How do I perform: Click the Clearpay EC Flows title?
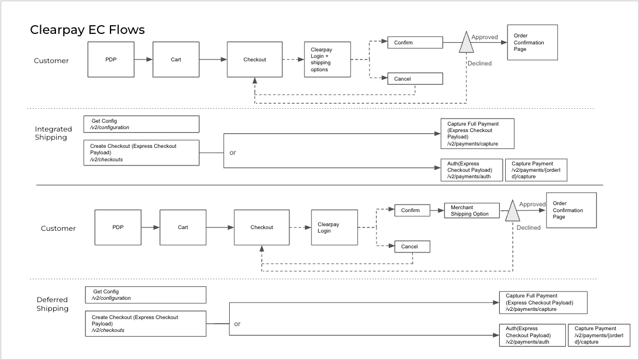[87, 30]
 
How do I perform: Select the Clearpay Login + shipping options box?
[327, 60]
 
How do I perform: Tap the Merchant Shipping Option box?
[472, 211]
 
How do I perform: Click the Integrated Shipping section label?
[53, 133]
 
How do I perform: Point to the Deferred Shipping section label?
[53, 304]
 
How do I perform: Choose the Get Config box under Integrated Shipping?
[141, 124]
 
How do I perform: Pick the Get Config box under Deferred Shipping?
[146, 295]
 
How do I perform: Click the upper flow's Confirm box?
[415, 43]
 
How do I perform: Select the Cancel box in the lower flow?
[412, 247]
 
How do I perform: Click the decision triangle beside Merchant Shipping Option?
[512, 211]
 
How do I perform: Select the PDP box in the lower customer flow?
[118, 227]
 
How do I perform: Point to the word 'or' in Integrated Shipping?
[232, 153]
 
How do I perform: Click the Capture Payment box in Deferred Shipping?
[599, 335]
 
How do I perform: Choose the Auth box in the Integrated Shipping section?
[471, 169]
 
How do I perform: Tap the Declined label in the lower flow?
[529, 228]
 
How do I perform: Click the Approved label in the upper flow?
[485, 37]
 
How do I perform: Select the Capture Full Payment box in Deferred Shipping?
[543, 303]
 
